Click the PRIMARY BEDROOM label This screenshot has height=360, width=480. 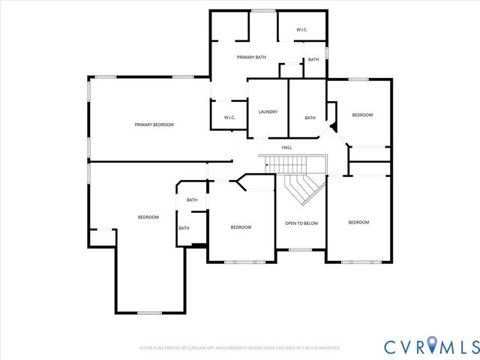point(154,124)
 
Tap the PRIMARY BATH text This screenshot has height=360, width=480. point(251,57)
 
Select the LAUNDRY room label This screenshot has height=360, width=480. point(268,112)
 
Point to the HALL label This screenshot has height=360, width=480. point(286,148)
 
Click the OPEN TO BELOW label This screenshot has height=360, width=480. point(301,223)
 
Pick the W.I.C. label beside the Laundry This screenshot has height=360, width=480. point(230,118)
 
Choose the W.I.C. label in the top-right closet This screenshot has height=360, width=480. point(301,30)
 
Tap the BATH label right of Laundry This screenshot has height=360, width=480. point(310,118)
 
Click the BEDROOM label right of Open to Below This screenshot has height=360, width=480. point(358,222)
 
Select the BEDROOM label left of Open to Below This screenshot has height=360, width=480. point(241,227)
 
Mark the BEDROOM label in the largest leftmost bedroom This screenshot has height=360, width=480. point(148,217)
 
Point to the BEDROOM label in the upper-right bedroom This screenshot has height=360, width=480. point(363,115)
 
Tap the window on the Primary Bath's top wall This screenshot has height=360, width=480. point(262,10)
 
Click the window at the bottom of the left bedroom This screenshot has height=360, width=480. point(150,313)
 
